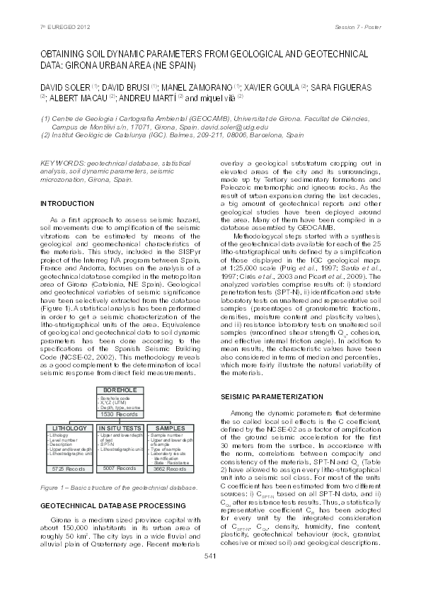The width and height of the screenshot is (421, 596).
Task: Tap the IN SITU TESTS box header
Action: pos(121,428)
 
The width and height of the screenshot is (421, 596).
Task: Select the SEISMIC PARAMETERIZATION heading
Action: pos(273,396)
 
